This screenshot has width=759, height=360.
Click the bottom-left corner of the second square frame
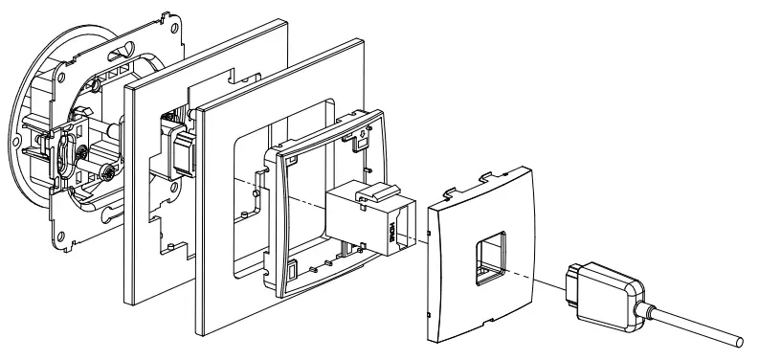pyautogui.click(x=199, y=333)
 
